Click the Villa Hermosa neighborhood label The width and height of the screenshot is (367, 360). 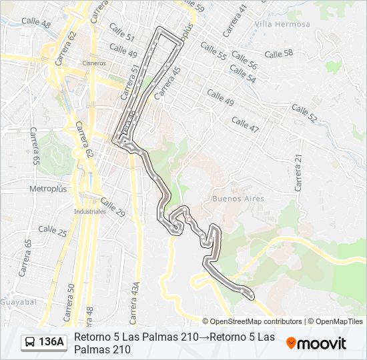282,24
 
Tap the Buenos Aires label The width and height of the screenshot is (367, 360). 238,199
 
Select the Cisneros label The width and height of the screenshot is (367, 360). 93,63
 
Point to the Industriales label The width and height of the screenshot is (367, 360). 90,211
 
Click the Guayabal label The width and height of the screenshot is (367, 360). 18,302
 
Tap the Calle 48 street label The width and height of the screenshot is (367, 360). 36,22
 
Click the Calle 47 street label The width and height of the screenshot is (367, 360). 245,123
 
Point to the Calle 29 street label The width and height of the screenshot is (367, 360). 112,207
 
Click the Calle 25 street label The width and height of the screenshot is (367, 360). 53,231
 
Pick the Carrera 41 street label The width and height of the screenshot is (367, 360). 234,20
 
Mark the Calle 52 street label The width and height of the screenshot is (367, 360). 304,113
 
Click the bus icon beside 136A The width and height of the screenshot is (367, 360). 30,343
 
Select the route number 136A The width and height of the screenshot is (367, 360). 51,343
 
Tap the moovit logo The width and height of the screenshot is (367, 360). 316,343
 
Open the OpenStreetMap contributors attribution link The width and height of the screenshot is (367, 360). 256,321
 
